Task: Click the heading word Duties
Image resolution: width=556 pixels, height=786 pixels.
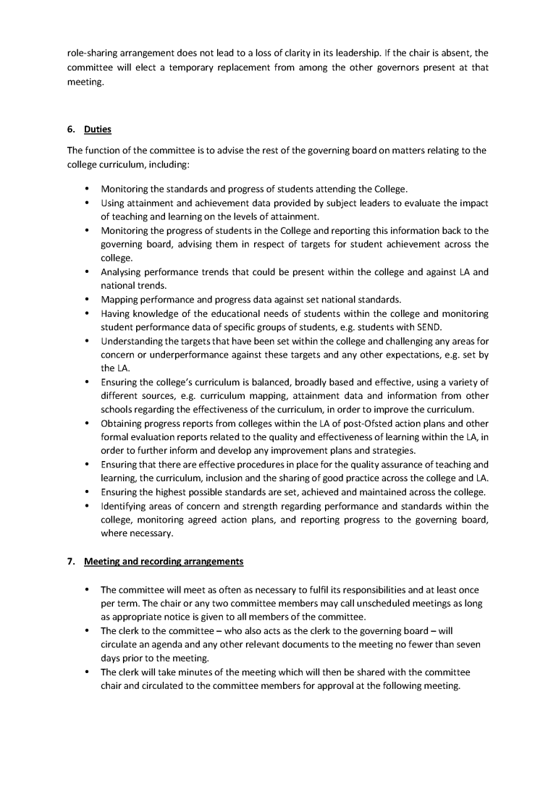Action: coord(98,130)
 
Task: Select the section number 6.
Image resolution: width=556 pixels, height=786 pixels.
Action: coord(70,130)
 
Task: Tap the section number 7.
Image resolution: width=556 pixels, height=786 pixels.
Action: coord(70,561)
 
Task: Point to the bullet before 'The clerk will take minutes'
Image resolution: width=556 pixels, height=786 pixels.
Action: coord(87,672)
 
